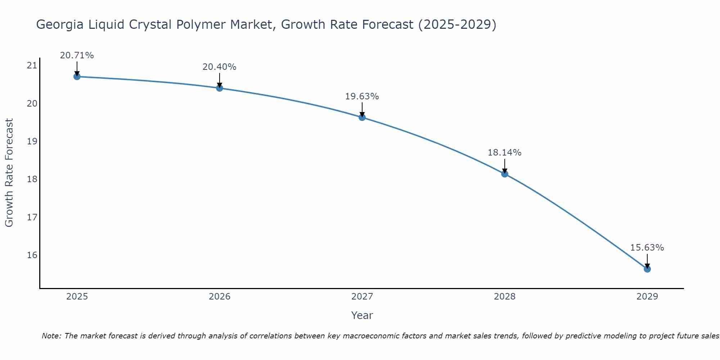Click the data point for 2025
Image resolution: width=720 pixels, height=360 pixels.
click(77, 76)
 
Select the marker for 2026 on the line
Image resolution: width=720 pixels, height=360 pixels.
click(219, 88)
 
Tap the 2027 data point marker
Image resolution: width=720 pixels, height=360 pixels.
click(362, 117)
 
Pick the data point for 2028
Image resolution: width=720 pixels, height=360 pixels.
click(504, 174)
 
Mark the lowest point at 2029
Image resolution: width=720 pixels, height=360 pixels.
click(647, 269)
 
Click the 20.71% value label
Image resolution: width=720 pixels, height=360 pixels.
click(77, 55)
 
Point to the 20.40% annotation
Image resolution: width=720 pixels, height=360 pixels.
click(219, 67)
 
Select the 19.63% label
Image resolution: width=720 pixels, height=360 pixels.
click(362, 96)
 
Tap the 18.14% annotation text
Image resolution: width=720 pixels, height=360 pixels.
click(504, 153)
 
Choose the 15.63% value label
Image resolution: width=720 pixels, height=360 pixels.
click(647, 248)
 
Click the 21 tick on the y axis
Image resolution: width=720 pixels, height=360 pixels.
click(32, 66)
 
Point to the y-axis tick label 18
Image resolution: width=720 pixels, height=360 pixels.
click(32, 179)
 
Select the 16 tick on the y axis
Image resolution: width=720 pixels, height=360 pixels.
click(32, 255)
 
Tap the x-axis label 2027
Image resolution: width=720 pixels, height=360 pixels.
click(362, 297)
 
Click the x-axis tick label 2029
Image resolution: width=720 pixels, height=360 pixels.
click(647, 297)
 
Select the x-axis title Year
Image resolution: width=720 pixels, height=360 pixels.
click(362, 315)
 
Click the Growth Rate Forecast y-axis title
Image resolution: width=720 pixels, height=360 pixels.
click(9, 173)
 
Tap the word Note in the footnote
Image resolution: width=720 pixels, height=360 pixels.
click(52, 336)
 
